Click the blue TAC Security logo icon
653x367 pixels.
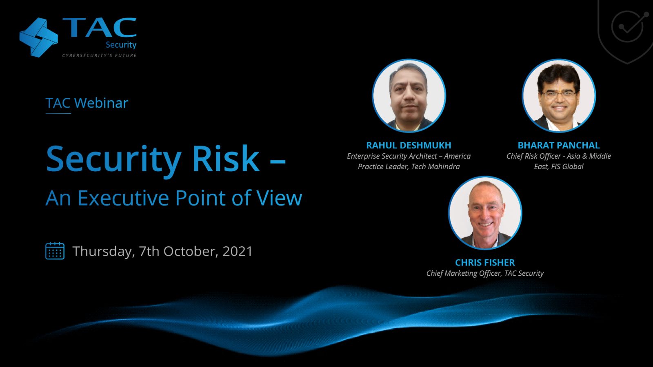pyautogui.click(x=38, y=38)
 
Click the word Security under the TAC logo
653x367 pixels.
pyautogui.click(x=121, y=45)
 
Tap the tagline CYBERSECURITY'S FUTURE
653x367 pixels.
pyautogui.click(x=100, y=55)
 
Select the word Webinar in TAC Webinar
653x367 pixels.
pyautogui.click(x=101, y=103)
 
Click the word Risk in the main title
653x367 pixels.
pyautogui.click(x=226, y=159)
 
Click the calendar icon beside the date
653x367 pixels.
pyautogui.click(x=55, y=251)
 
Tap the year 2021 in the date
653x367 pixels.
pyautogui.click(x=237, y=251)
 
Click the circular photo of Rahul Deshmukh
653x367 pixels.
pyautogui.click(x=409, y=95)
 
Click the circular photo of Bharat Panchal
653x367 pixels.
pyautogui.click(x=559, y=95)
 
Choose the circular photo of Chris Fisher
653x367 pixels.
pyautogui.click(x=485, y=213)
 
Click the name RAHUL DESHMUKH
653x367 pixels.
pyautogui.click(x=409, y=145)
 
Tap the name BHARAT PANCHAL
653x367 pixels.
pyautogui.click(x=559, y=145)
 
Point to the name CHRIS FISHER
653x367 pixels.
pyautogui.click(x=485, y=263)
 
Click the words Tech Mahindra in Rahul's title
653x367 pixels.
pyautogui.click(x=435, y=167)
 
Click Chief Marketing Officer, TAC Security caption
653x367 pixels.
pyautogui.click(x=485, y=274)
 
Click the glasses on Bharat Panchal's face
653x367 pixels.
pyautogui.click(x=559, y=94)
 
